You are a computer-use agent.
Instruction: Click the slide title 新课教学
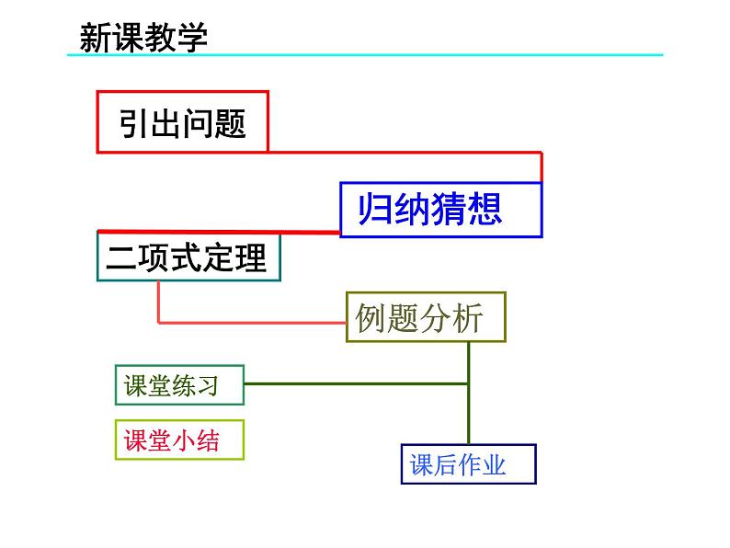[x=143, y=37]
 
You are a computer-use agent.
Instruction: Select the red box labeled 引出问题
[x=182, y=121]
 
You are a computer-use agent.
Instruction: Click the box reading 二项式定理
[x=188, y=257]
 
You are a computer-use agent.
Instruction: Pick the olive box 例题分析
[x=426, y=317]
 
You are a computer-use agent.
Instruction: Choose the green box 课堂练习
[x=179, y=385]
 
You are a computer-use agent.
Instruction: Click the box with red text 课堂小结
[x=179, y=440]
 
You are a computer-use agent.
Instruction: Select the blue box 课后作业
[x=468, y=464]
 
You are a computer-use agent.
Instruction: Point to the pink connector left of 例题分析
[x=248, y=323]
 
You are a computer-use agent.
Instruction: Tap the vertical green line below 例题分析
[x=469, y=395]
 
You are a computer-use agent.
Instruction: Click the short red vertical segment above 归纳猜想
[x=541, y=167]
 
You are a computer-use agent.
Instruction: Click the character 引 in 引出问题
[x=134, y=122]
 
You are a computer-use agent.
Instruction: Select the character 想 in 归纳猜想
[x=485, y=210]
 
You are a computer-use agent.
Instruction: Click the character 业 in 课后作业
[x=496, y=465]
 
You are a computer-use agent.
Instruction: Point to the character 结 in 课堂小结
[x=208, y=441]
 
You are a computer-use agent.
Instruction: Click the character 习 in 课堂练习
[x=208, y=386]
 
